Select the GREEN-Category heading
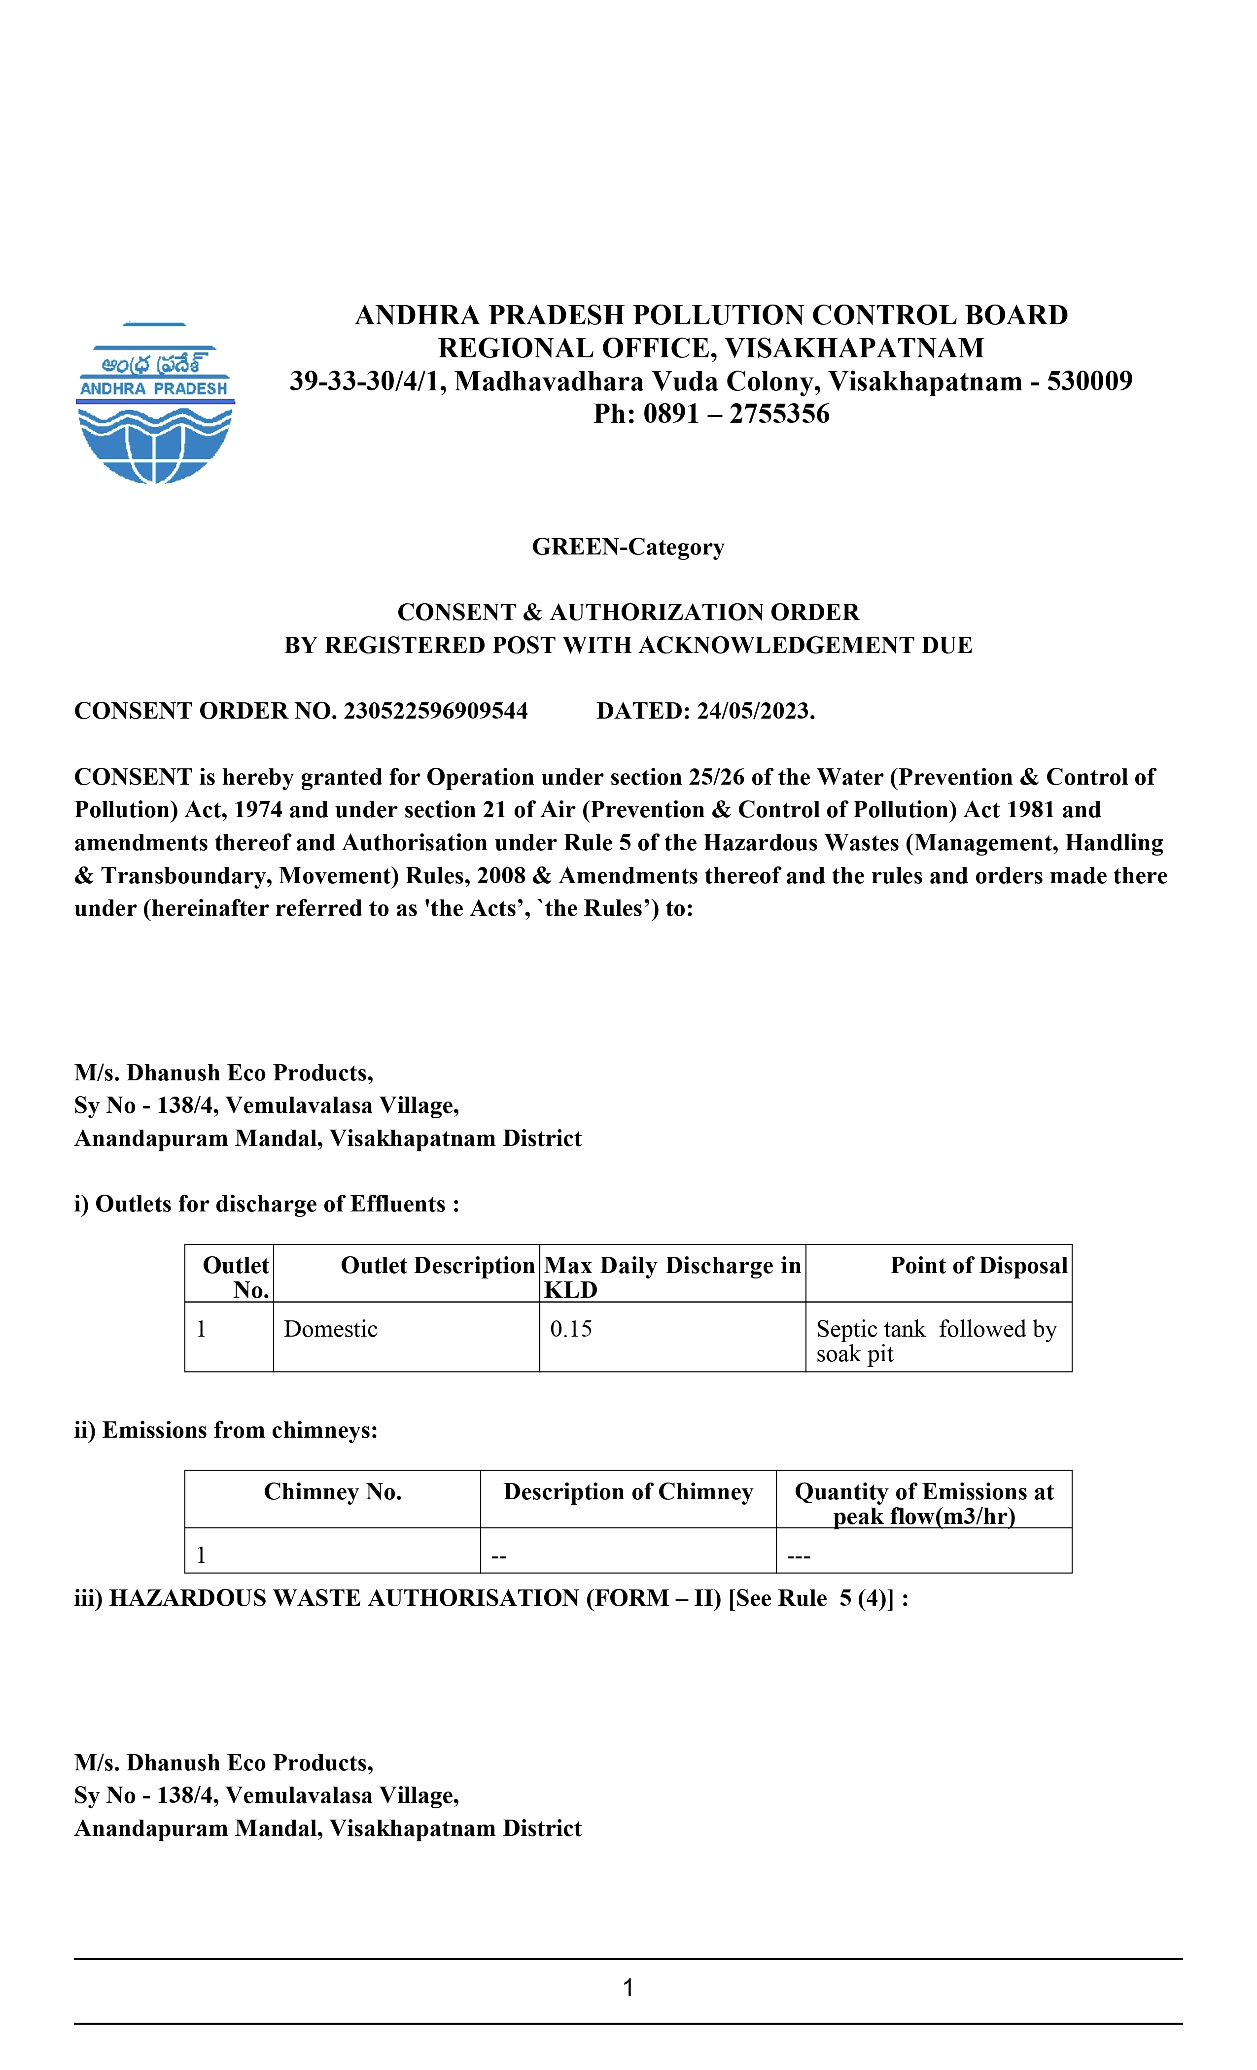click(x=628, y=547)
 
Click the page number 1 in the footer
click(x=628, y=1987)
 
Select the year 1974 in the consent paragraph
click(x=258, y=810)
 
